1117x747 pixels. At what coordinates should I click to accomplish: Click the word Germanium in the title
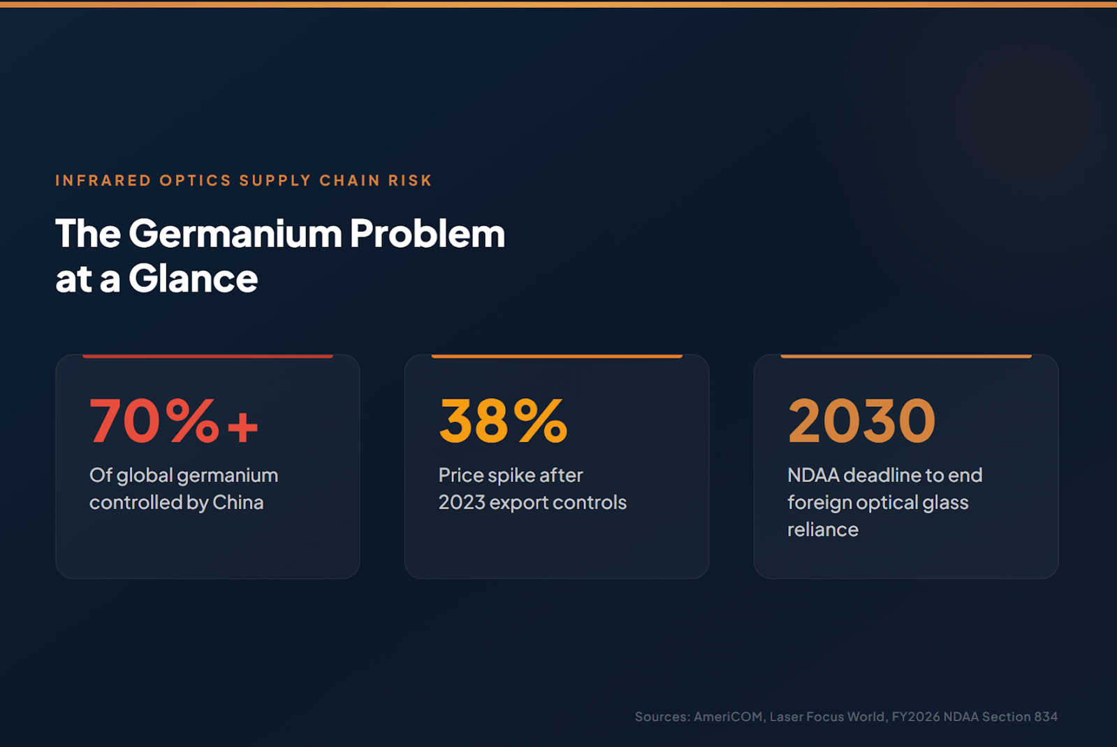click(235, 233)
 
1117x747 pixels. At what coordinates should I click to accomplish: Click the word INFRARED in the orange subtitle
click(103, 180)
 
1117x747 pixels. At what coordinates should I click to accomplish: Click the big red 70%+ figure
click(173, 420)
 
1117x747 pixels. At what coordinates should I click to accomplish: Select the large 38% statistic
click(503, 420)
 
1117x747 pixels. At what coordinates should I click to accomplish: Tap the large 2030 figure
click(862, 420)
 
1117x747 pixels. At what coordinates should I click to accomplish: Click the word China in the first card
click(238, 503)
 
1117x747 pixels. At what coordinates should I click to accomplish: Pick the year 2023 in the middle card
click(462, 503)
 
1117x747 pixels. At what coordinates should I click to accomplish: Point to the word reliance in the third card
click(823, 530)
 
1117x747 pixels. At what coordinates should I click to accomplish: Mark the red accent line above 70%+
click(208, 356)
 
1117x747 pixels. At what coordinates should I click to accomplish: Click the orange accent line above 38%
click(557, 356)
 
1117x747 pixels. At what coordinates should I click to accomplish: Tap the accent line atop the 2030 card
click(906, 356)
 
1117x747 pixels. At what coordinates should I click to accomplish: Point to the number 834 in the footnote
click(1046, 716)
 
